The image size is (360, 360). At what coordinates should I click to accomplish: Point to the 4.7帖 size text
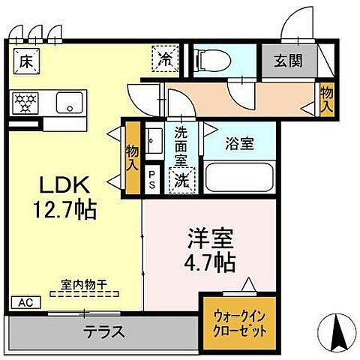pos(210,262)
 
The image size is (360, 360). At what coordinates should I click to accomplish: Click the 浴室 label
pos(241,144)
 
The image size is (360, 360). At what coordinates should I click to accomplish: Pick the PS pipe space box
pos(152,180)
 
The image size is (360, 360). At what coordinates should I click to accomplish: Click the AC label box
pos(25,304)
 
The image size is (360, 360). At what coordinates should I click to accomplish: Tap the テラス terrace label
pos(103,331)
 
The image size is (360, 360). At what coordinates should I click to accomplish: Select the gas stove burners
pos(28,103)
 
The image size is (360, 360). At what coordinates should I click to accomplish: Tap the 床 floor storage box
pos(26,60)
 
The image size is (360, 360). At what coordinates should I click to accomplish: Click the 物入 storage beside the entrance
pos(325,98)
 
